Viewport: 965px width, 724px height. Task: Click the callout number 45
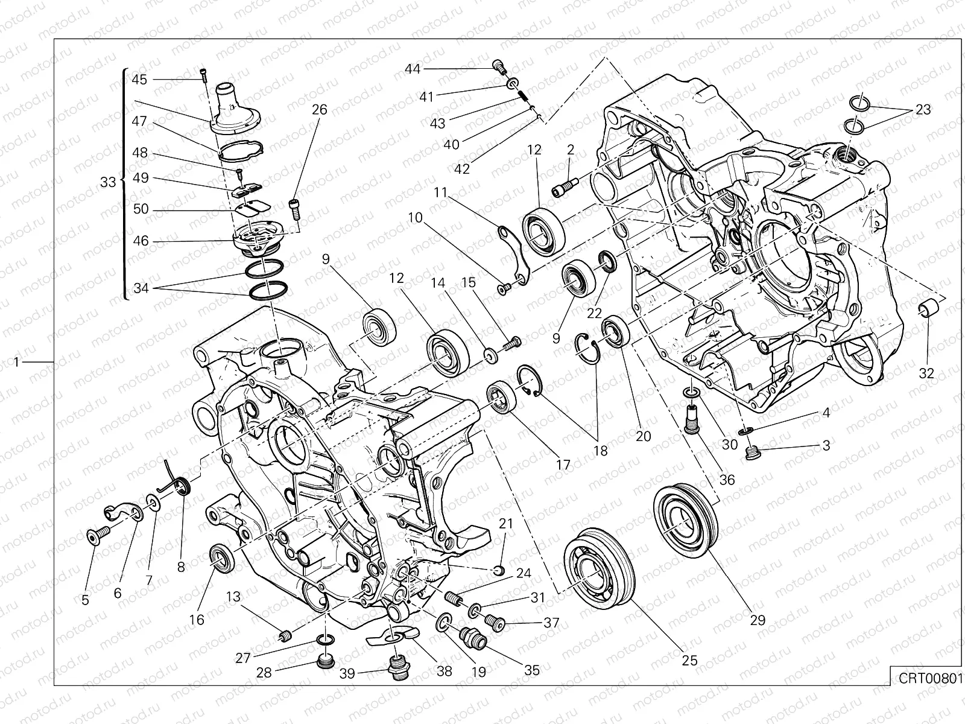(x=139, y=80)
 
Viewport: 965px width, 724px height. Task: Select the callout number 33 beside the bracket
(x=108, y=182)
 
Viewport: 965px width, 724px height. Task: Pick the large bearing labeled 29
(x=686, y=518)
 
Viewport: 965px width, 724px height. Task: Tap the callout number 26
(x=320, y=110)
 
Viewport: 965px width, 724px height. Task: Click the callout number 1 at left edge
(x=17, y=361)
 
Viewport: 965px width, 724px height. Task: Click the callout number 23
(x=923, y=110)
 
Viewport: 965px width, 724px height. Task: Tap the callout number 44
(x=413, y=69)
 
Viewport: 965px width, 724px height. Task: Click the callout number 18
(x=600, y=450)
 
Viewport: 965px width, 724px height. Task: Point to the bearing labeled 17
(x=502, y=397)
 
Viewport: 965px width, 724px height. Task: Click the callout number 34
(x=141, y=288)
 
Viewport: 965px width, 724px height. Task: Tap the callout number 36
(x=727, y=480)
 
